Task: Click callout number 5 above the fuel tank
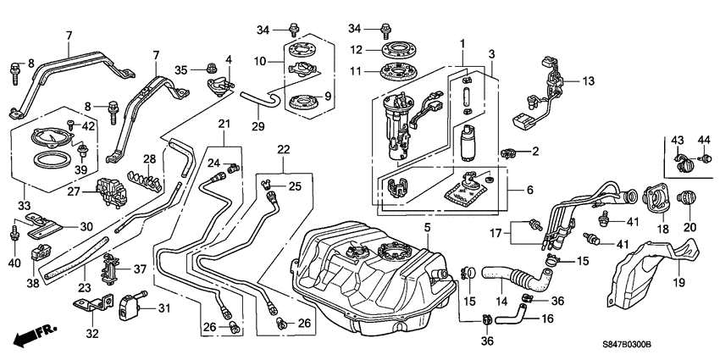point(428,227)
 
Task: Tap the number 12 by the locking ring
point(357,49)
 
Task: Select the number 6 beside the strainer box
point(529,191)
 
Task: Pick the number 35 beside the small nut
point(180,69)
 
